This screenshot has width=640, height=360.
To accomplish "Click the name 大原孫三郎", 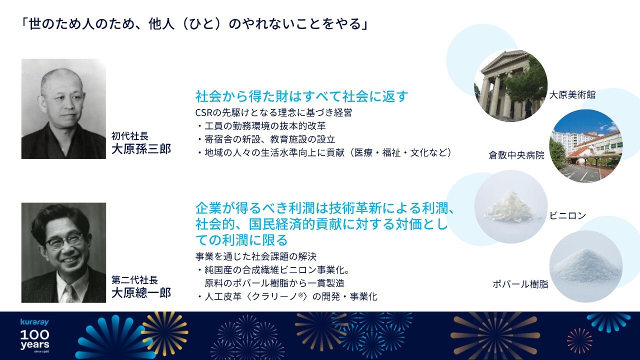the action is point(141,149).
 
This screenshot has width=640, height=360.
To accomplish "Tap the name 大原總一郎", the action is point(141,293).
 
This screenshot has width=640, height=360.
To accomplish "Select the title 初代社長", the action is point(129,136).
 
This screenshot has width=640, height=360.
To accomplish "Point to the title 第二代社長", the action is point(134,280).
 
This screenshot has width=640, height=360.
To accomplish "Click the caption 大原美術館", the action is point(572,94).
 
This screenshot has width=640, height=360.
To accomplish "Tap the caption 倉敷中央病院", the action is point(516,155).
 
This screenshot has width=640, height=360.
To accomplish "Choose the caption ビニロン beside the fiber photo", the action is point(567,215).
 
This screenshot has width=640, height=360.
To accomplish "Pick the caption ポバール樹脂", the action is point(520,284).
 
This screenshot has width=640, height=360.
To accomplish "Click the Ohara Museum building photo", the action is point(511,85).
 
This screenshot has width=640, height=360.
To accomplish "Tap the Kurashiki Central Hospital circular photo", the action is point(585,145).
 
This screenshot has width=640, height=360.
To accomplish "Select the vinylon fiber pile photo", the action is point(511,207).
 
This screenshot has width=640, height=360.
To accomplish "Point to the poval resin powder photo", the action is point(585,266).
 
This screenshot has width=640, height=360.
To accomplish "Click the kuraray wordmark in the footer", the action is point(34,322).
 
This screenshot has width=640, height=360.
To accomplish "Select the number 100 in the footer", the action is point(34,334).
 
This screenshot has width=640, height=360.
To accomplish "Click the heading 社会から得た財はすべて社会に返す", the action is point(301,96).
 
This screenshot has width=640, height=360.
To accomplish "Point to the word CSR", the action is point(204,112).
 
